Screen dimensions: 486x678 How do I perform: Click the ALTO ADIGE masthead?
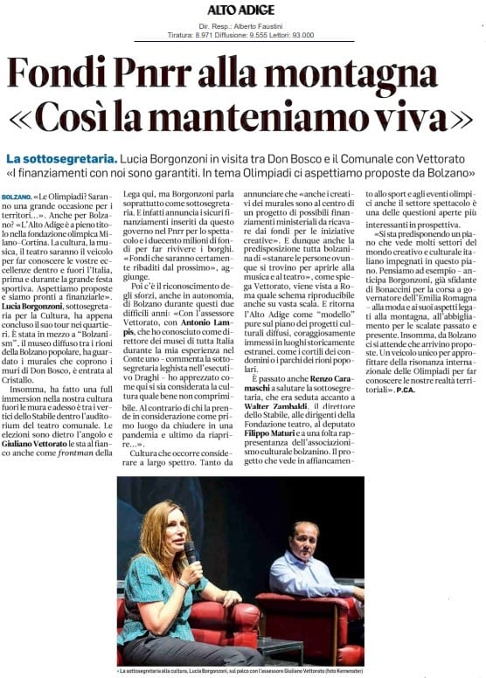click(x=240, y=10)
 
